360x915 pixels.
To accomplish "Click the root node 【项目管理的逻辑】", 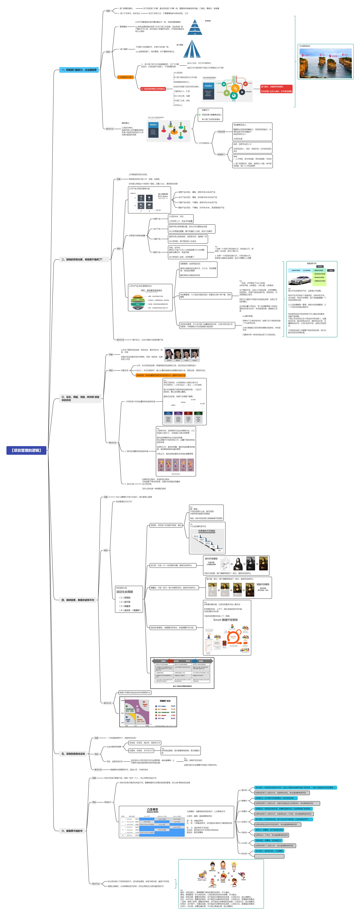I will [26, 450].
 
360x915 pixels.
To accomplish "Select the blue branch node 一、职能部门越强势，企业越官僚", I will [78, 70].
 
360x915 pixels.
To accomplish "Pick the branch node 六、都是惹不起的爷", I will [72, 831].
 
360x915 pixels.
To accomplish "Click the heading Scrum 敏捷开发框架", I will [225, 620].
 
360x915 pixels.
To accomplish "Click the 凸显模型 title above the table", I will [152, 810].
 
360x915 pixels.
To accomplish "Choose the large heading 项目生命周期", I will [125, 592].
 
